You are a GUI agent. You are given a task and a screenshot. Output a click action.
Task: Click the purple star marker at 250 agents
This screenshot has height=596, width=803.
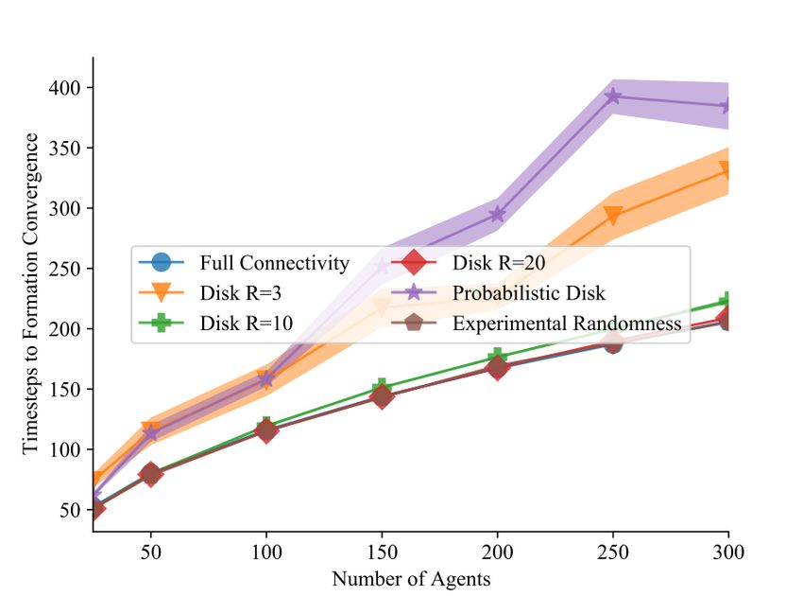click(613, 96)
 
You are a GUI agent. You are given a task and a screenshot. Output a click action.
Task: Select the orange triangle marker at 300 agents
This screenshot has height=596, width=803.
click(727, 170)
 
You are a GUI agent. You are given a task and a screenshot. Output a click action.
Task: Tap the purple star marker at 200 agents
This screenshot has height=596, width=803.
click(497, 215)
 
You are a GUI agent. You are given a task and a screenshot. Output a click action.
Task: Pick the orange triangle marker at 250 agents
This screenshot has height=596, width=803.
click(613, 216)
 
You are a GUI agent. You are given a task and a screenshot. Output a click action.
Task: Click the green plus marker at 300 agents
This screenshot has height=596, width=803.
click(727, 302)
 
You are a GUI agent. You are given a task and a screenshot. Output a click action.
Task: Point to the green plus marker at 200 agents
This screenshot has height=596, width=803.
click(497, 358)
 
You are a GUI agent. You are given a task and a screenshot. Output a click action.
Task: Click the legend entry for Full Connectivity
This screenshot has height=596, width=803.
click(274, 262)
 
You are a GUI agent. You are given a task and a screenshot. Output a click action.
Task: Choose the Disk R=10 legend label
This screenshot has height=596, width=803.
click(245, 324)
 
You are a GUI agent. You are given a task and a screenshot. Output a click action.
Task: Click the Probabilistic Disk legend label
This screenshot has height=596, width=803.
click(528, 292)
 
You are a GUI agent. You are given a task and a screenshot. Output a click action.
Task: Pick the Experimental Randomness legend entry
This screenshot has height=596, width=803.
click(567, 324)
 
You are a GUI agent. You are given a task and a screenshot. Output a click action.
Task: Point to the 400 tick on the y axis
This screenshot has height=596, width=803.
click(68, 88)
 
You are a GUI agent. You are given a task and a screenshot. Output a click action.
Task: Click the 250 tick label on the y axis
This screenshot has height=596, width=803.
click(68, 269)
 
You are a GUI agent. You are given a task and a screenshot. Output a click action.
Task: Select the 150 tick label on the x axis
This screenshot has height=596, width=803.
click(382, 550)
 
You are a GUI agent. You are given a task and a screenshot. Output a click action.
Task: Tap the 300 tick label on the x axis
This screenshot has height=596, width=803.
click(727, 550)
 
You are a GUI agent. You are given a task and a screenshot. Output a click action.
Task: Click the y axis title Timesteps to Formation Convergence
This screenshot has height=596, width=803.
click(31, 293)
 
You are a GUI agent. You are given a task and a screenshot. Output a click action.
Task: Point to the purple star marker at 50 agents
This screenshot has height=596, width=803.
click(150, 433)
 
